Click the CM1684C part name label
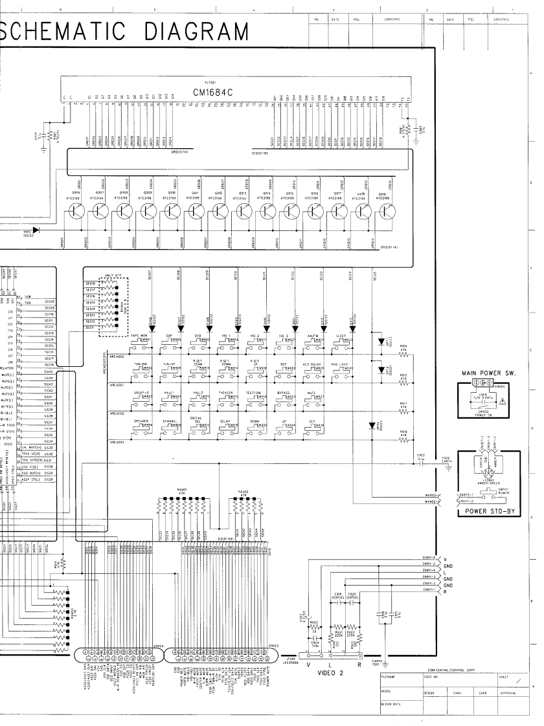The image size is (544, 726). pyautogui.click(x=212, y=91)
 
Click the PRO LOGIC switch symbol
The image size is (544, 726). pyautogui.click(x=345, y=373)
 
